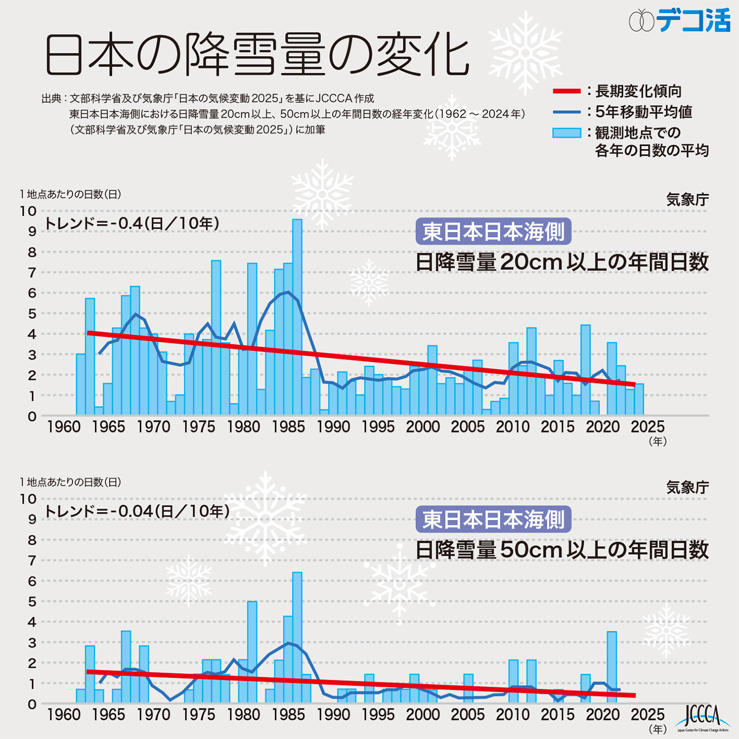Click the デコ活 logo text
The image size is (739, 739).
coord(693,21)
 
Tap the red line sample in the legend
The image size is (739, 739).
coord(566,91)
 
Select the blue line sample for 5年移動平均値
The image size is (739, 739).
coord(566,112)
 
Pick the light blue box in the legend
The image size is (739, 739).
coord(566,133)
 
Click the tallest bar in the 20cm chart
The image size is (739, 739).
coord(297,317)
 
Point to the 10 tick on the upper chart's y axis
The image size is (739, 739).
coord(28,211)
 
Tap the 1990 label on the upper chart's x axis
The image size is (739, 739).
coord(333,427)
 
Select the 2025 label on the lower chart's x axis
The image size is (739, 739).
coord(648,715)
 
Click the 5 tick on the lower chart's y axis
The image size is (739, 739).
coord(32,602)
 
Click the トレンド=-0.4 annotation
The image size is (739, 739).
coord(131,223)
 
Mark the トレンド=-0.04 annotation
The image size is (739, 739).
coord(137,511)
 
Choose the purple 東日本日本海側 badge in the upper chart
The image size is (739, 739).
coord(493,232)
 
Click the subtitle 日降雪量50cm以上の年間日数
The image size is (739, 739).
coord(562,550)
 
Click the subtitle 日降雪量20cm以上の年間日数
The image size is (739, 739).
coord(562,262)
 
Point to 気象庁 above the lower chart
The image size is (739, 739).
coord(687,488)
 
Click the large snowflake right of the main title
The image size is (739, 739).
coord(525,53)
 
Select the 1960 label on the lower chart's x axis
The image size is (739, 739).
coord(64,715)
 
